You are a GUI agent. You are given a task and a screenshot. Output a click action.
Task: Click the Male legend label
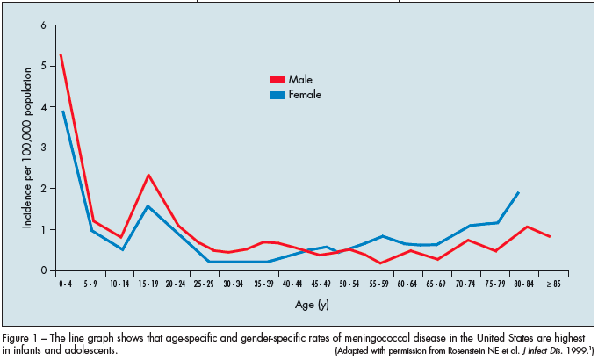tap(300, 79)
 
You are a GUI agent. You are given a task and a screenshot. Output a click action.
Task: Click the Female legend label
tap(305, 94)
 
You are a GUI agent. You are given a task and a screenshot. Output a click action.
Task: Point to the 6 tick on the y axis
tap(41, 25)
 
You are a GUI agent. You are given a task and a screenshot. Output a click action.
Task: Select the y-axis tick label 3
tap(41, 148)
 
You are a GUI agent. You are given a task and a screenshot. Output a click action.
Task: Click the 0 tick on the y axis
tap(41, 270)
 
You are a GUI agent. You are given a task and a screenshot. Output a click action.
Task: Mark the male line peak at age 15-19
tap(148, 175)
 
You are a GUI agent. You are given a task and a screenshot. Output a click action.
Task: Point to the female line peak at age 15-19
tap(148, 206)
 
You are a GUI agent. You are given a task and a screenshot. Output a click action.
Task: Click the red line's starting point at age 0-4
tap(61, 55)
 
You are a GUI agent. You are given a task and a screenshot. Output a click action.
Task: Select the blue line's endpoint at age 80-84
tap(519, 192)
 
